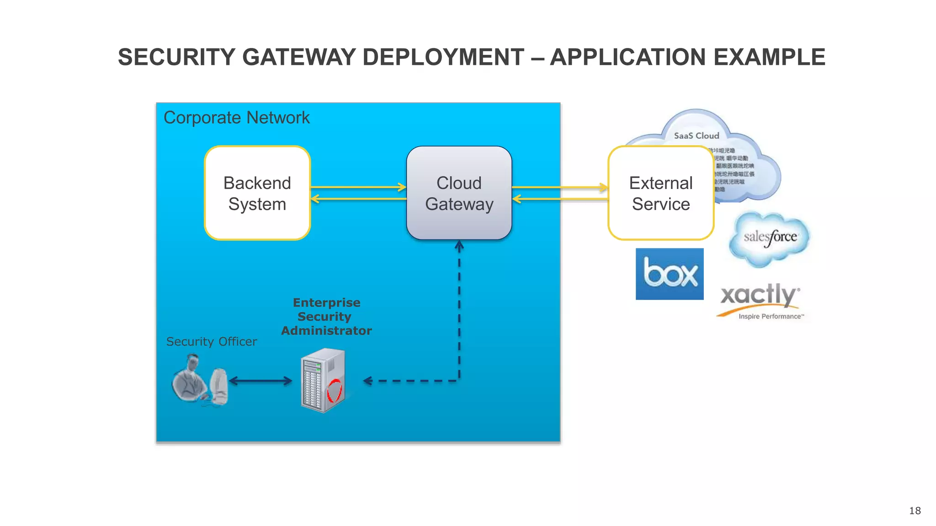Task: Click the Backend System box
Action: (257, 193)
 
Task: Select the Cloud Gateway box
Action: (459, 193)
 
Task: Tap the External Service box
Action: (660, 193)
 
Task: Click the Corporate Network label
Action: (236, 118)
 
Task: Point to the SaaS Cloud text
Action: (696, 136)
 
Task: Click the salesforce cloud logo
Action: (770, 238)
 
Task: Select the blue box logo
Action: (670, 274)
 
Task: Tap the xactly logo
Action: (759, 295)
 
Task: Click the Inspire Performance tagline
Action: (771, 316)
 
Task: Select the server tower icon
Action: (323, 380)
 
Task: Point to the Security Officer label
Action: (211, 342)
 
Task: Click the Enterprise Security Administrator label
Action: (326, 316)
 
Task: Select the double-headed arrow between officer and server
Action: (261, 381)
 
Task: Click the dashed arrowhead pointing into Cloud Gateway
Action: (459, 246)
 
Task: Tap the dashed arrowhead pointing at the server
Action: (367, 381)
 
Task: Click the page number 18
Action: (915, 510)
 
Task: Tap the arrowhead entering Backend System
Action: (315, 199)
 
